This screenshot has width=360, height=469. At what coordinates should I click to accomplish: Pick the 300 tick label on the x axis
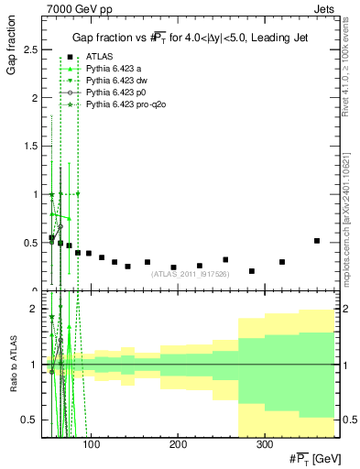point(263,443)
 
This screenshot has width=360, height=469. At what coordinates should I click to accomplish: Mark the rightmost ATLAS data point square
point(317,241)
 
